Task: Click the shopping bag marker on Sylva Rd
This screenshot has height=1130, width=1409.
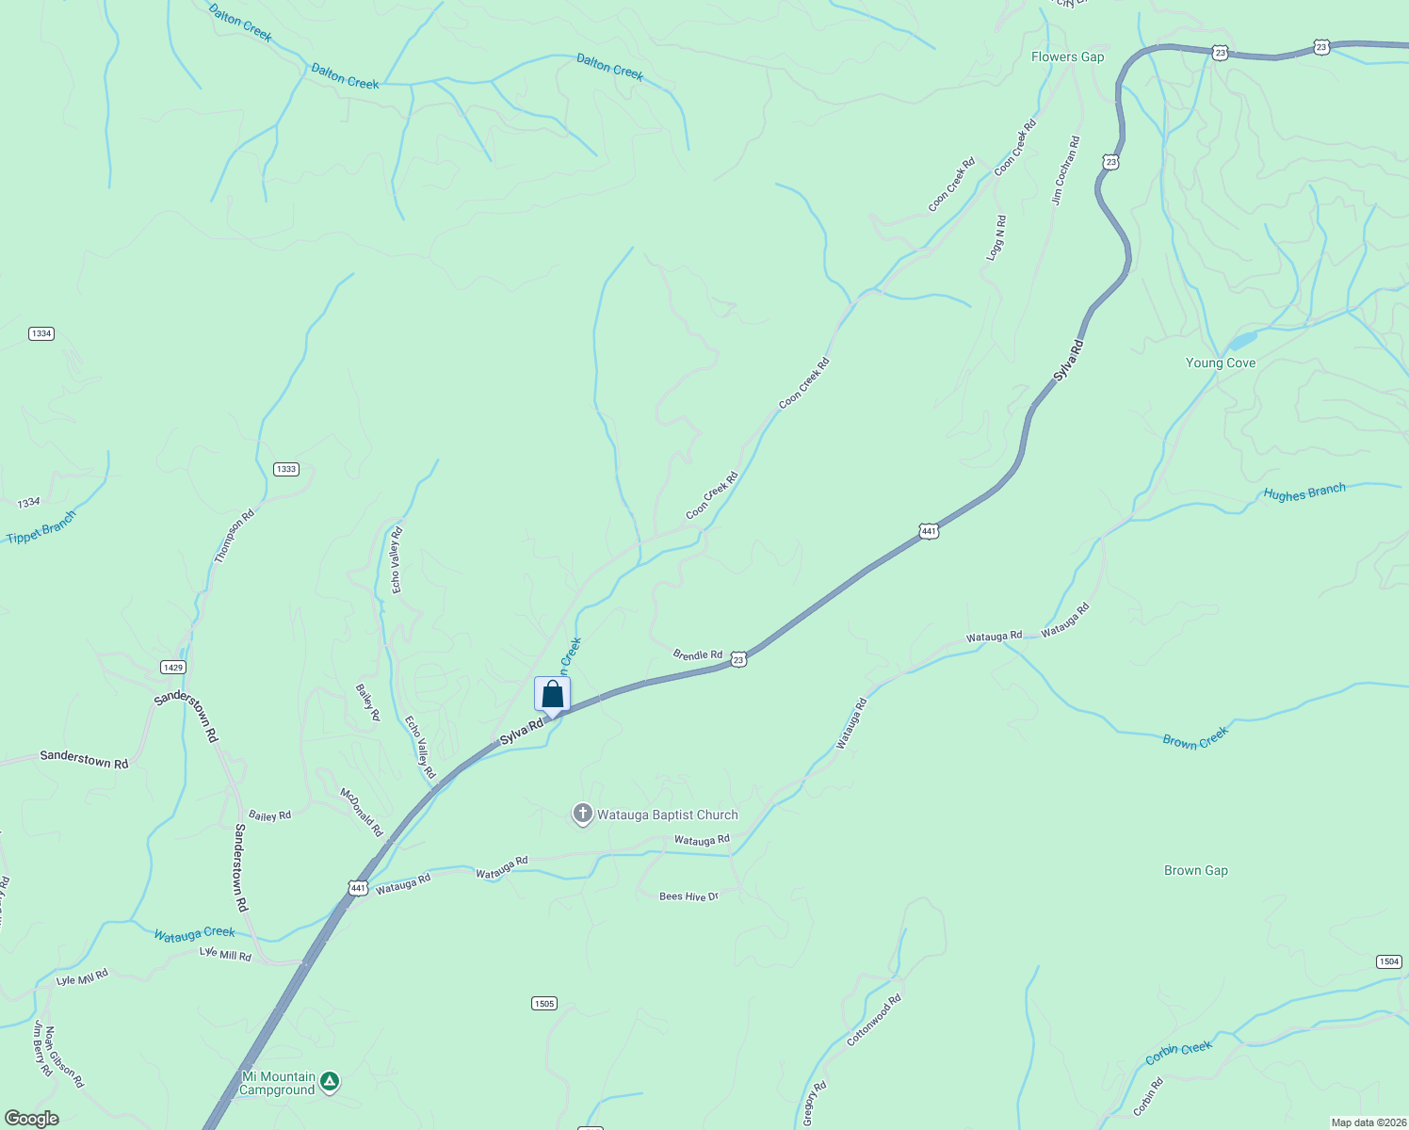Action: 552,695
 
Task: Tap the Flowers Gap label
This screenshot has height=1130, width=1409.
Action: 1067,56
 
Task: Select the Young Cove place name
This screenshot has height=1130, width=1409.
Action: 1220,363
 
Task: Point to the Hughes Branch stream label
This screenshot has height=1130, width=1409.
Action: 1304,492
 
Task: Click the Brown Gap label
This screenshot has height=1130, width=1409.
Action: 1195,870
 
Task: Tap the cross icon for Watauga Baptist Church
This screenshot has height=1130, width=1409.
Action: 582,814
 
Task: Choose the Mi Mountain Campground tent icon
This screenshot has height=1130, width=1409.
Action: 329,1081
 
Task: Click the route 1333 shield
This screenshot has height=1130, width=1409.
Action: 286,469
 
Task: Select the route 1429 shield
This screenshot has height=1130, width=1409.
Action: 172,668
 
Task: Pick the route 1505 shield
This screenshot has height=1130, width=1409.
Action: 543,1004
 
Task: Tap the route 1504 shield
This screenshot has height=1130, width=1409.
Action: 1389,961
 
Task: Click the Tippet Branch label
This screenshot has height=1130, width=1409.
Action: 40,528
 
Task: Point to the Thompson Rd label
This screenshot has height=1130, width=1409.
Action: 235,536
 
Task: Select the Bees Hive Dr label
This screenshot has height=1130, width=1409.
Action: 688,896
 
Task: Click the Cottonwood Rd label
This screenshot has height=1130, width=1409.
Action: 873,1020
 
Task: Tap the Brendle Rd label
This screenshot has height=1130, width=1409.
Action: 697,654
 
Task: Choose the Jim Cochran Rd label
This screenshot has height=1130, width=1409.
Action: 1065,170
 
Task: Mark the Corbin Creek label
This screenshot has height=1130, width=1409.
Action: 1178,1053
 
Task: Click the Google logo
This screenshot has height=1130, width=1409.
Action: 31,1119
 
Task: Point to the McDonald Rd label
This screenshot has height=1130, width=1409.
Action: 362,812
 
